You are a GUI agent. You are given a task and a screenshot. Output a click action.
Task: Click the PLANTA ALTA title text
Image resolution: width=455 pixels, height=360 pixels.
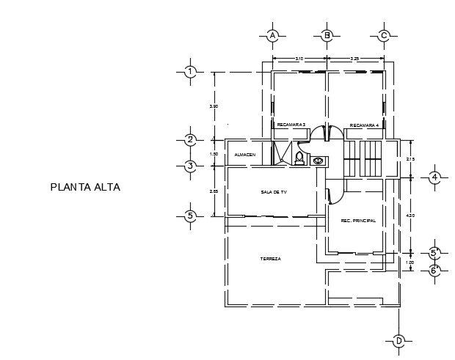tap(85, 187)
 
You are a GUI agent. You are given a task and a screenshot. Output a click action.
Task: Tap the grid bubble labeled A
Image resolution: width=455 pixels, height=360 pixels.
tap(272, 35)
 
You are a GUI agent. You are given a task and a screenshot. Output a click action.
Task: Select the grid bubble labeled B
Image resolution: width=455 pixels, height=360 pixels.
tap(328, 35)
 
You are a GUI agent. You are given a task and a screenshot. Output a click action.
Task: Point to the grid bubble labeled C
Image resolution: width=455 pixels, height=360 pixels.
tap(384, 35)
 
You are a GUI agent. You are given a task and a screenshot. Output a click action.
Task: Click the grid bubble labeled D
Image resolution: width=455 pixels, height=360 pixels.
tap(399, 341)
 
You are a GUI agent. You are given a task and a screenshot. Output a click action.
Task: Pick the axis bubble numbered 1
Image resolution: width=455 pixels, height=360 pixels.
tap(190, 72)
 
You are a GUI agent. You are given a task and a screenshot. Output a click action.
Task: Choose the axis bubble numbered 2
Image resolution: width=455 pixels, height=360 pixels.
tap(190, 139)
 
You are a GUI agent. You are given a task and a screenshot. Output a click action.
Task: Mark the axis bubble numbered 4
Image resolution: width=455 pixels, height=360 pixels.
tap(434, 177)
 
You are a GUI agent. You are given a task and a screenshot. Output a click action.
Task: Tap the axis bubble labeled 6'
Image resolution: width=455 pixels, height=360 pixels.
tap(434, 270)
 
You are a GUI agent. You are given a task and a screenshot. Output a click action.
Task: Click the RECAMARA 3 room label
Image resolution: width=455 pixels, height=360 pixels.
tap(291, 125)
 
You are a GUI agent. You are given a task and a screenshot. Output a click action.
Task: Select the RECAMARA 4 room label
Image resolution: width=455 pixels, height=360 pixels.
tap(364, 125)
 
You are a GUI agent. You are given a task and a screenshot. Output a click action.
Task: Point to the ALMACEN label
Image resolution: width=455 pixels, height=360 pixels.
tap(244, 155)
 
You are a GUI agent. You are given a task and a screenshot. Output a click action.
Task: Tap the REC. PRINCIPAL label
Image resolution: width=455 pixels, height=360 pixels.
tap(358, 221)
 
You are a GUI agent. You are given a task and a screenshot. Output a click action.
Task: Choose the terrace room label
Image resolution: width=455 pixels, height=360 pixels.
tap(271, 259)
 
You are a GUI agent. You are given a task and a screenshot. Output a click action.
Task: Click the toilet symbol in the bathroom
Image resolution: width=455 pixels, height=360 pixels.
tap(299, 158)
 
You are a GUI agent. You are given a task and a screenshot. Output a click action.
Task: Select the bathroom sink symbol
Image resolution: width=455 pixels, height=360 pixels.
tap(318, 161)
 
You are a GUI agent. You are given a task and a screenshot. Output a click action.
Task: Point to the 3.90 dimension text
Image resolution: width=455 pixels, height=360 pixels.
tap(214, 106)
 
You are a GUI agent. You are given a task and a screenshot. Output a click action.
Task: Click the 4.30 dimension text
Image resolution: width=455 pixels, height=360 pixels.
tap(410, 215)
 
